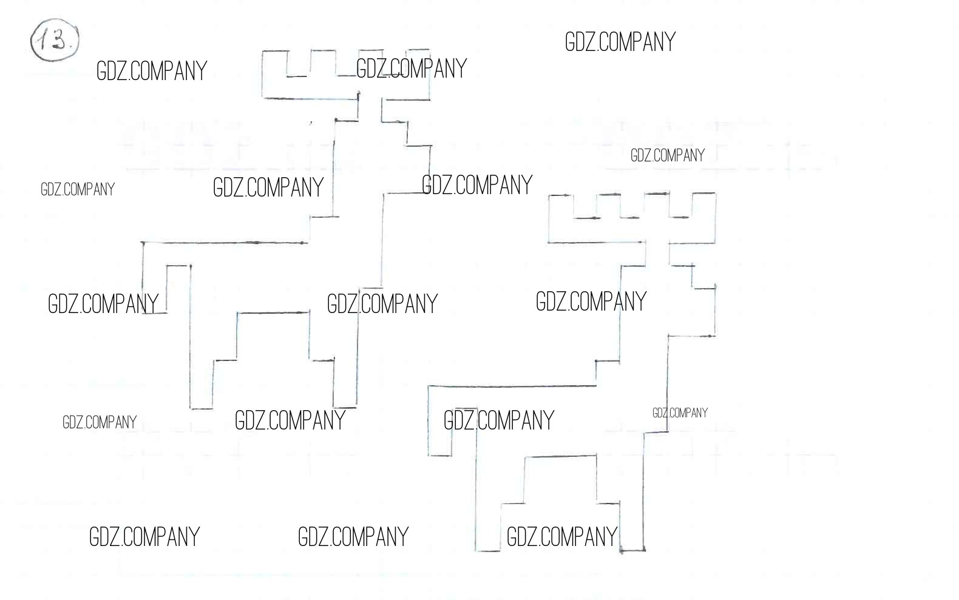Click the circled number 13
click(55, 40)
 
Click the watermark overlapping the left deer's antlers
click(412, 69)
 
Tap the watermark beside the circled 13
click(152, 71)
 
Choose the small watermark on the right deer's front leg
click(680, 413)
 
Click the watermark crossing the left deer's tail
click(103, 304)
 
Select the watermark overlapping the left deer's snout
click(477, 185)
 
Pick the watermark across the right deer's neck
click(591, 302)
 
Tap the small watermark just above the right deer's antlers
click(668, 155)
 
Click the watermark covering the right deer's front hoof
click(562, 537)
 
